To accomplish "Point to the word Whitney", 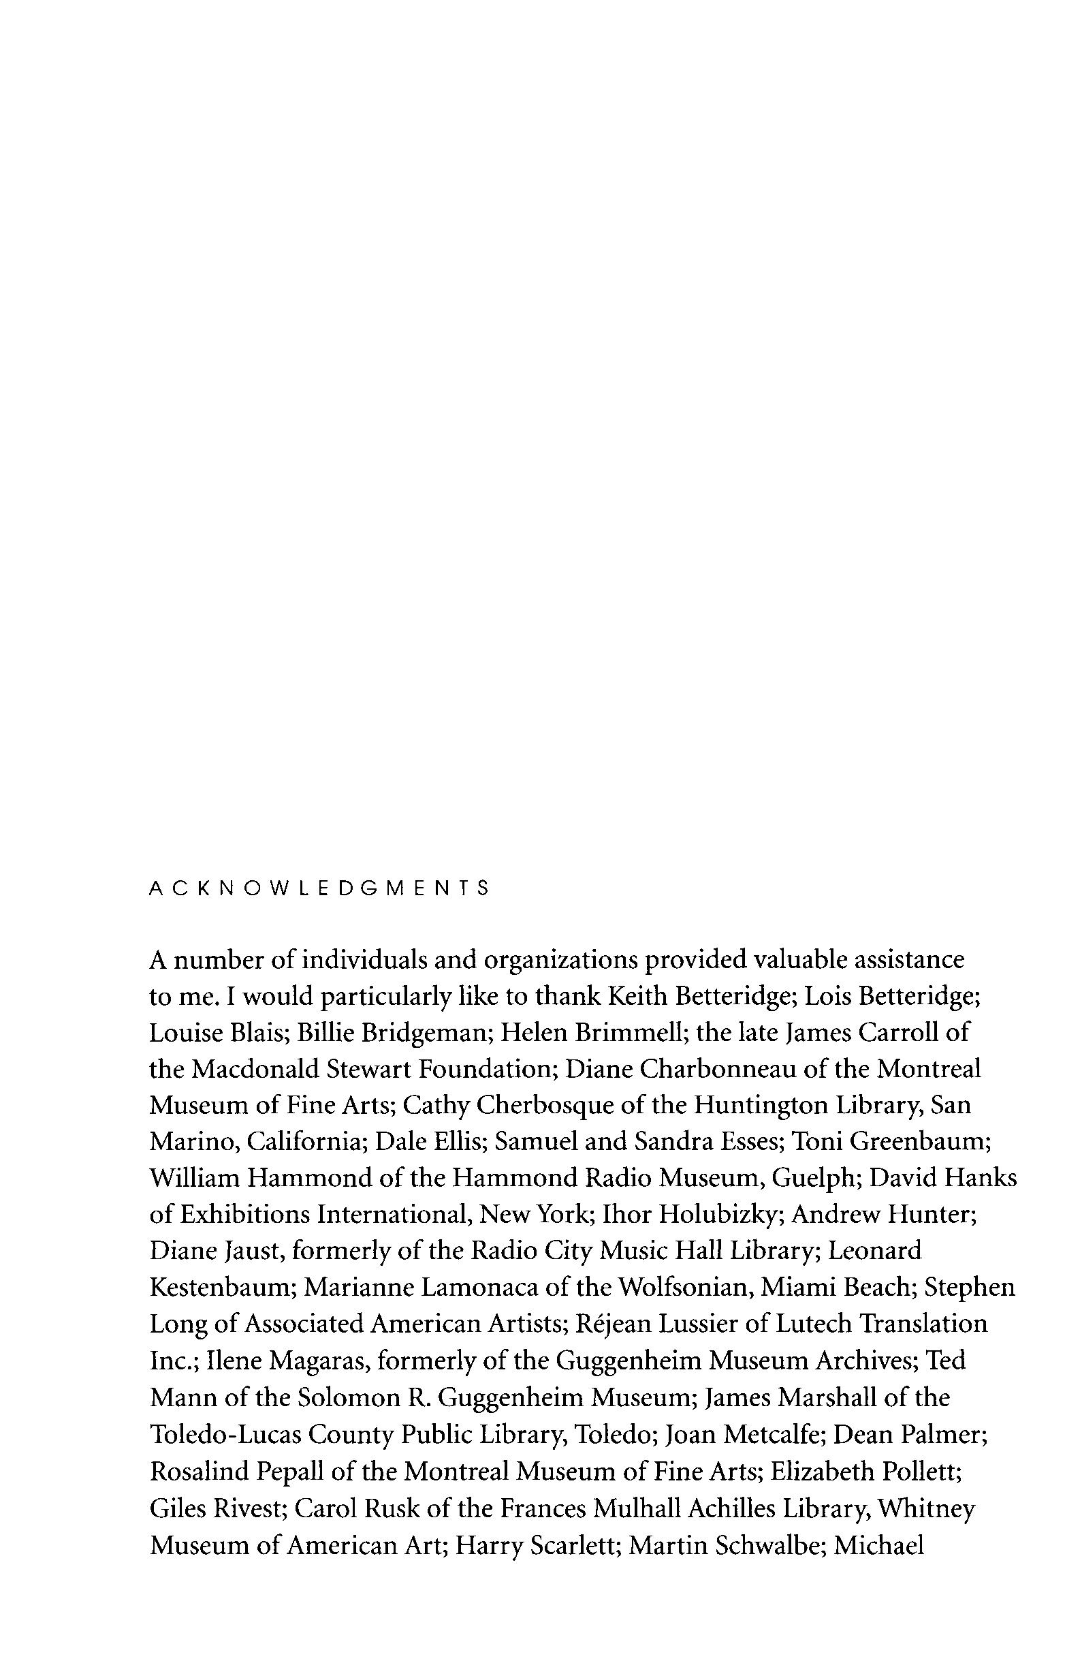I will tap(926, 1504).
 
